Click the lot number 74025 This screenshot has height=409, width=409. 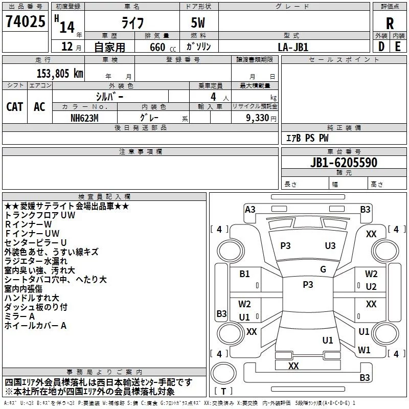coord(25,21)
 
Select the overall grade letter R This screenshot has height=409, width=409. coord(390,23)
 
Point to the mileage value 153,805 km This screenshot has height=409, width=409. coord(59,73)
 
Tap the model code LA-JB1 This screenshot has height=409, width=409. coord(293,47)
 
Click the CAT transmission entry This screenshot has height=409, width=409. coord(15,107)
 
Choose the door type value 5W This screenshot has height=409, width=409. coord(199,24)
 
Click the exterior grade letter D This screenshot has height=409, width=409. coord(381,47)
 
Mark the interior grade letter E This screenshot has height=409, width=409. coord(398,47)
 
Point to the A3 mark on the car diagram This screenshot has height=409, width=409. coord(250,209)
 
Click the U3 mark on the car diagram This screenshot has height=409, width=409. coord(330,245)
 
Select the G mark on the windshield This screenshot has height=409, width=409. coord(323,269)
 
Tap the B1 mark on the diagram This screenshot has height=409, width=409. coord(245,274)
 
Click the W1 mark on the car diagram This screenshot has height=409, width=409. coord(364,350)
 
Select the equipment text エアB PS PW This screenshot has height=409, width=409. coord(307,138)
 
